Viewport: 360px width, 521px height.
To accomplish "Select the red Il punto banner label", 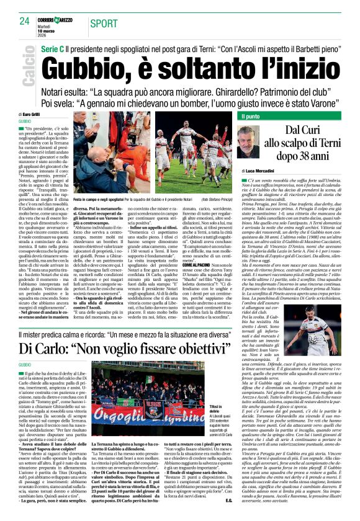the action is pyautogui.click(x=251, y=116).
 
